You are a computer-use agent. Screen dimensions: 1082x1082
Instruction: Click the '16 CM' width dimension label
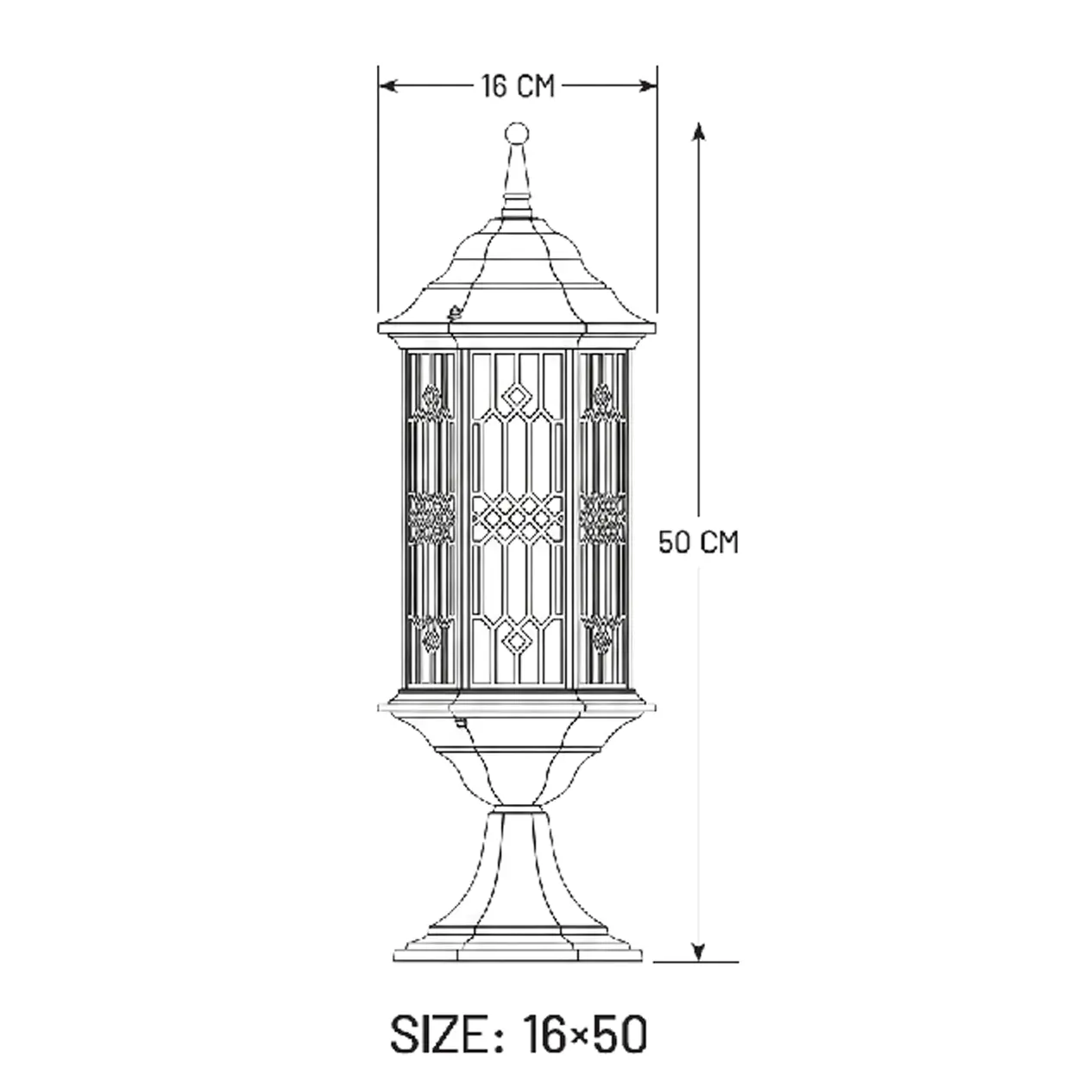tap(518, 86)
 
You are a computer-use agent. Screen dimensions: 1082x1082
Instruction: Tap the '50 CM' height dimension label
tap(698, 542)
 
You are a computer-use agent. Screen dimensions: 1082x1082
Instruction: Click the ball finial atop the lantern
tap(516, 134)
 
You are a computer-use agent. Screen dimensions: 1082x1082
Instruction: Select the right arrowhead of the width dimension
tap(647, 86)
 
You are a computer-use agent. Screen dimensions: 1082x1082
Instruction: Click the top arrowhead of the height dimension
tap(698, 131)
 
